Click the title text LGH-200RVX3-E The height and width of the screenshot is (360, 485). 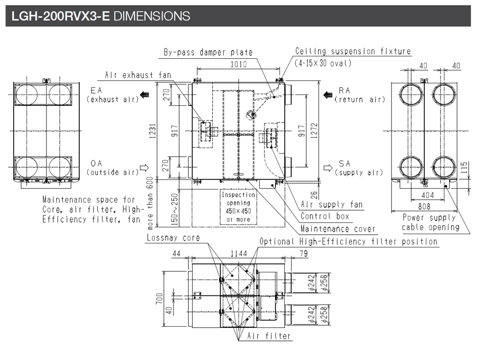point(61,16)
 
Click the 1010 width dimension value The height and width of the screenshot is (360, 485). point(238,64)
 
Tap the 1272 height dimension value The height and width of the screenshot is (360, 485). point(314,131)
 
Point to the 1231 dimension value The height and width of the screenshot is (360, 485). point(153,131)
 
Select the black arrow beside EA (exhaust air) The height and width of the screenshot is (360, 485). point(144,95)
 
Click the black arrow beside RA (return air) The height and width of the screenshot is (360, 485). point(328,95)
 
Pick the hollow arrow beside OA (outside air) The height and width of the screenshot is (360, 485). point(144,168)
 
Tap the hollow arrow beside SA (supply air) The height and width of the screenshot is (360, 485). point(328,168)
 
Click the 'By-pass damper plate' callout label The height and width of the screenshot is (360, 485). point(208,52)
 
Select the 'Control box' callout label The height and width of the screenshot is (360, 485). point(325,216)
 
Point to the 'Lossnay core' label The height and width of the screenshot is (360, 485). point(173,238)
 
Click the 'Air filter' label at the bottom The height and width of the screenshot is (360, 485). point(269,336)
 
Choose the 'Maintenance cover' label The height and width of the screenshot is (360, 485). point(338,229)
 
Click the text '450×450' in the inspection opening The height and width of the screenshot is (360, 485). point(238,211)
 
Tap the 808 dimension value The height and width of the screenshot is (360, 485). point(424,207)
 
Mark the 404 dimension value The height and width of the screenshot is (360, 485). point(427,195)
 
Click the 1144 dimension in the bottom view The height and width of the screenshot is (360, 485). point(239,254)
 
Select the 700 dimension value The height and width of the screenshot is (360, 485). point(159,298)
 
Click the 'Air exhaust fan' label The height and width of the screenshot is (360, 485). point(138,75)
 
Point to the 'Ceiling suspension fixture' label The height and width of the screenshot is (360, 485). point(353,51)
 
